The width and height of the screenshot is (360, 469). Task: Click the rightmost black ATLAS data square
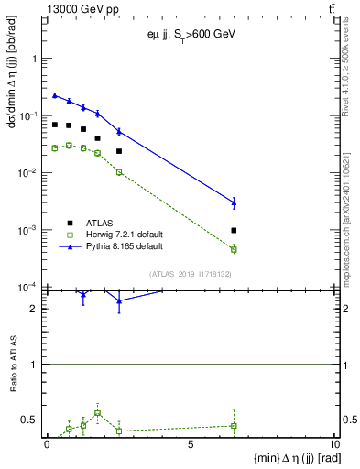pos(234,230)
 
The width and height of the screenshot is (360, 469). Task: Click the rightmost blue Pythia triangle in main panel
pos(234,202)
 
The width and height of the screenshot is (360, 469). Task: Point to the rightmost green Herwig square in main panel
pos(234,249)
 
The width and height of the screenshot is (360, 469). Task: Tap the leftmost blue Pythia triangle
pos(55,95)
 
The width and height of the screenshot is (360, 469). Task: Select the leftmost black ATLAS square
pos(55,125)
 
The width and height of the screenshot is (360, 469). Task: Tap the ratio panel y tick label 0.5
pos(34,420)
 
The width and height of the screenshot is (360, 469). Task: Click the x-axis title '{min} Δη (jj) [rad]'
pos(288,458)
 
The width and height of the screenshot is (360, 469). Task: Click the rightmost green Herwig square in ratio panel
pos(234,425)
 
